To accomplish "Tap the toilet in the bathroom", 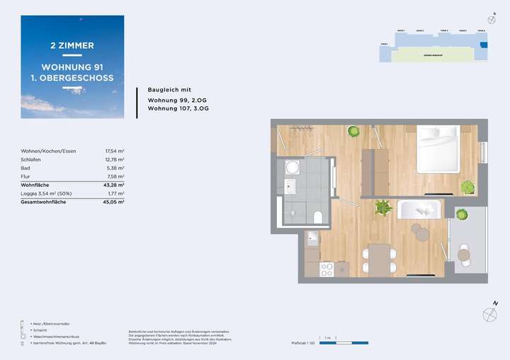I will point(317,215).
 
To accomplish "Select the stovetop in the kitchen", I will point(327,269).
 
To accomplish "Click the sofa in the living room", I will point(419,210).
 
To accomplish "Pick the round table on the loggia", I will point(464,254).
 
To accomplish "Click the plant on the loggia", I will point(461,213).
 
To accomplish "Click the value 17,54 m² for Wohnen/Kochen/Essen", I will point(115,151).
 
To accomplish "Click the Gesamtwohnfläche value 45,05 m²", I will point(114,201).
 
